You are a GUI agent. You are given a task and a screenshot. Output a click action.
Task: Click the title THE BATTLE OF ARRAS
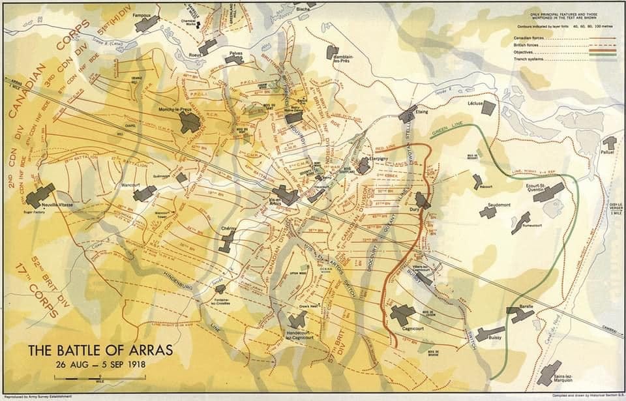pos(100,350)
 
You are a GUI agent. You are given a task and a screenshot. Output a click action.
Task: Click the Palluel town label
pos(608,154)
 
